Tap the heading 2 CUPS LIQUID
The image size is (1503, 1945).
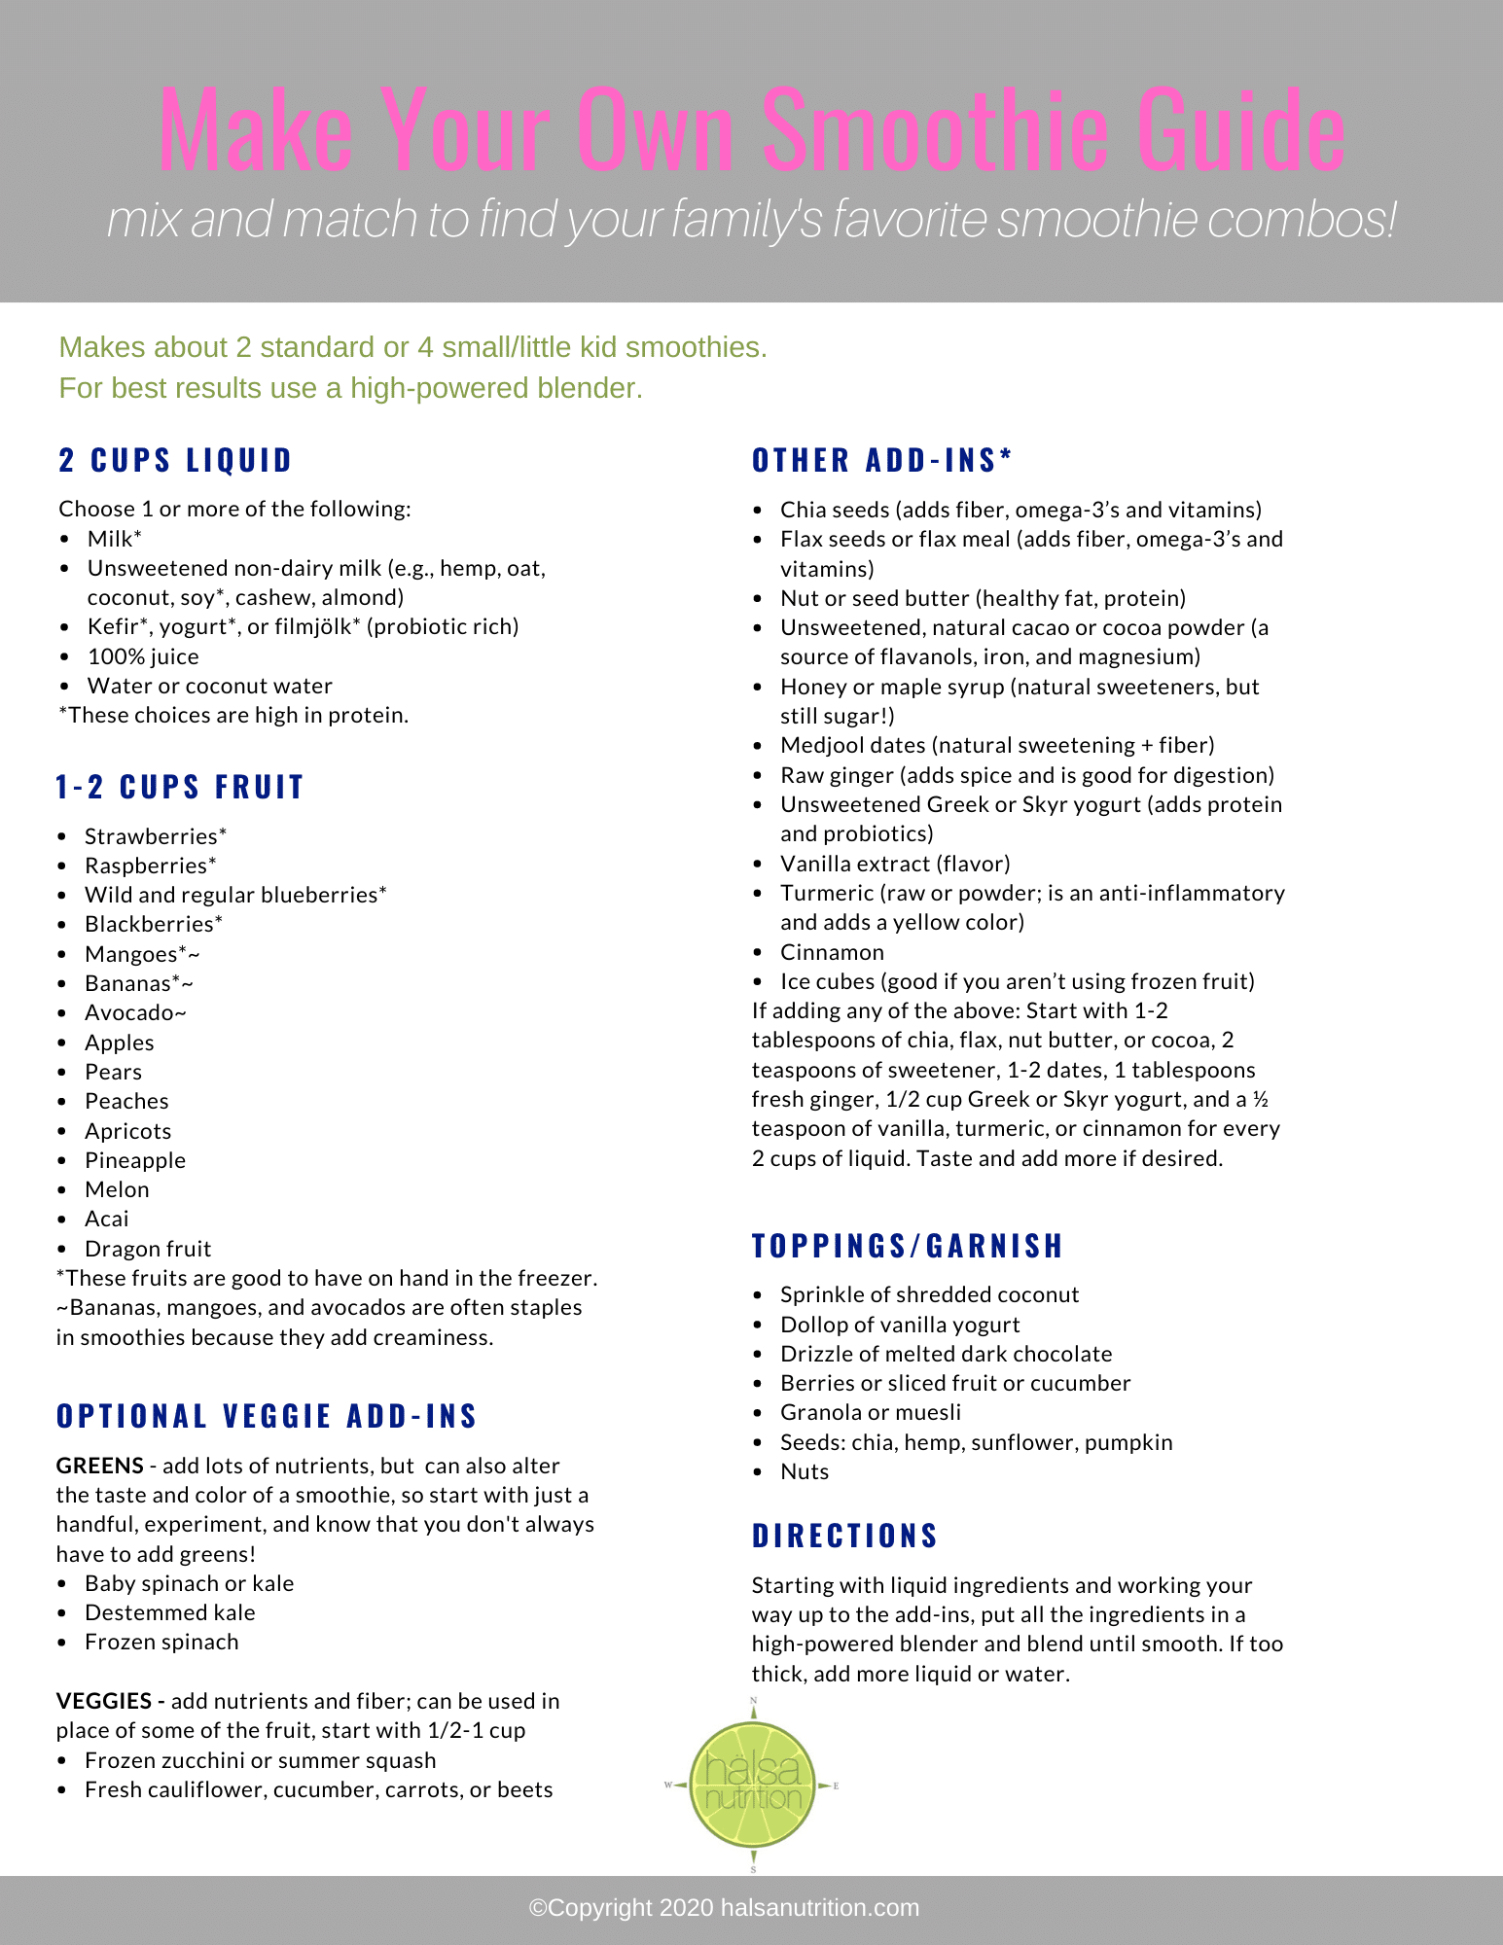pyautogui.click(x=175, y=460)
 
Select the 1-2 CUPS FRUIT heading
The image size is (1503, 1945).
pyautogui.click(x=180, y=787)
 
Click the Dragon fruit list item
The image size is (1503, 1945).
pyautogui.click(x=148, y=1249)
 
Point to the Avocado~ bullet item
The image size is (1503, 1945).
pyautogui.click(x=135, y=1012)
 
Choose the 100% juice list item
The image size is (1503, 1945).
pyautogui.click(x=143, y=656)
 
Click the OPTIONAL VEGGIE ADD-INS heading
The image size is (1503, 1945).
pyautogui.click(x=267, y=1416)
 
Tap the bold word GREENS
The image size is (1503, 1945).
pyautogui.click(x=99, y=1466)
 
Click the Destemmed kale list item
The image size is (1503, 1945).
pyautogui.click(x=169, y=1612)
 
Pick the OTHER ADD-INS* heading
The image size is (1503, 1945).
pyautogui.click(x=882, y=460)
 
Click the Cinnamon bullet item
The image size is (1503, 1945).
pyautogui.click(x=832, y=952)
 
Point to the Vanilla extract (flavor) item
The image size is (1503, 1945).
pyautogui.click(x=895, y=864)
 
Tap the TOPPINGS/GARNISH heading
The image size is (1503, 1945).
pyautogui.click(x=908, y=1246)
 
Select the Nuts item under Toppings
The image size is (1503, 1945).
pyautogui.click(x=805, y=1471)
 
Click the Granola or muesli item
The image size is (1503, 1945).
pyautogui.click(x=870, y=1412)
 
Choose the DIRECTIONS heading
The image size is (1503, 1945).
pyautogui.click(x=844, y=1536)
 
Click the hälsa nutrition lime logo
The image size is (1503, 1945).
pyautogui.click(x=752, y=1785)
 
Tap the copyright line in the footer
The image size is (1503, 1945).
pyautogui.click(x=724, y=1908)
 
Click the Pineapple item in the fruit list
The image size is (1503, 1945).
pyautogui.click(x=135, y=1160)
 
